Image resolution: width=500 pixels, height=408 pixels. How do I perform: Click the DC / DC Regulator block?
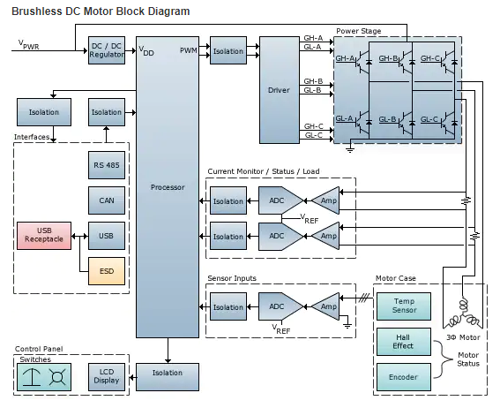pos(107,50)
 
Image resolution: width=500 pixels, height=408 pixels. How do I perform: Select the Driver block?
pos(280,90)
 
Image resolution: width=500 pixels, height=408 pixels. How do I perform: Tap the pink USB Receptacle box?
pos(44,236)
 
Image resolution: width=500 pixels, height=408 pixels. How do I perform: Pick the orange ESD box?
pos(107,271)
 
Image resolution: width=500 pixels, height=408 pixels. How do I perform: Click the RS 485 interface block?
pos(107,165)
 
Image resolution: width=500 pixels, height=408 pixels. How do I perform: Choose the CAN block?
pos(107,200)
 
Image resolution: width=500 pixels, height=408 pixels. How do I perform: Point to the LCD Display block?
pos(107,377)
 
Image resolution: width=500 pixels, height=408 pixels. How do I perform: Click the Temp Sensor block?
pos(404,306)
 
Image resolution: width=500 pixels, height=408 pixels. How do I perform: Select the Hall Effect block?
pos(404,342)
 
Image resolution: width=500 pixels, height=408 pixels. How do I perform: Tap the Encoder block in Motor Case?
pos(404,377)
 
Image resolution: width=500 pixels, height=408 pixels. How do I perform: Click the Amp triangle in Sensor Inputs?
pos(325,306)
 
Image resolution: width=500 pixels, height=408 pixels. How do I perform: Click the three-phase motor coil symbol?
pos(462,314)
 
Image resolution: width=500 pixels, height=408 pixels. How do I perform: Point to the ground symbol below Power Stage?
pos(350,150)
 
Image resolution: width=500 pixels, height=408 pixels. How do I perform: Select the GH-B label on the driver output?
pos(313,81)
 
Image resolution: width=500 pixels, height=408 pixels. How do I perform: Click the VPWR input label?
pos(29,45)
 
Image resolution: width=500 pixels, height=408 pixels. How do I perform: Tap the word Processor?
pos(168,187)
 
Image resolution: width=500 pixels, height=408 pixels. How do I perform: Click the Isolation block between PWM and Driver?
pos(228,50)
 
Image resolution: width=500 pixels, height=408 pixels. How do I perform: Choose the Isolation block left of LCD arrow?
pos(168,377)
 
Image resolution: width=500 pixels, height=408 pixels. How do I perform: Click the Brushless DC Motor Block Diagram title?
pos(101,11)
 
